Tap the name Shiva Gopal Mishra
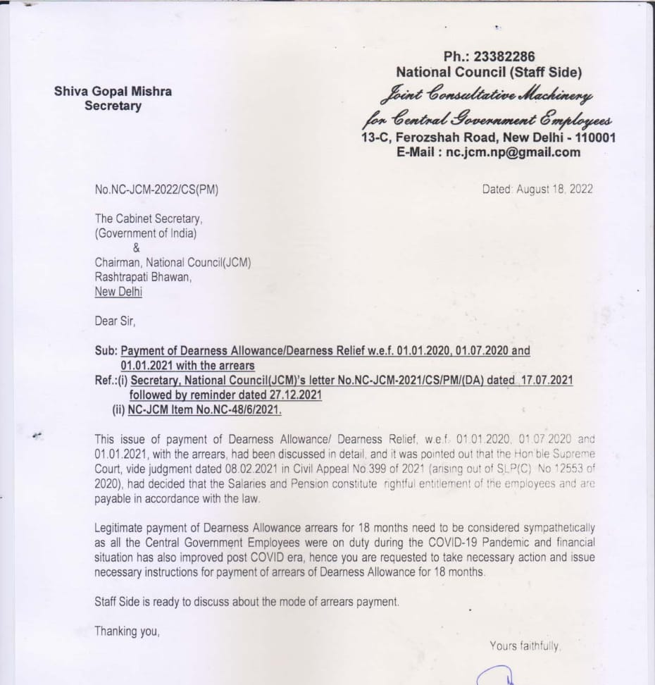[113, 92]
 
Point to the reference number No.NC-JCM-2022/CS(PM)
[151, 189]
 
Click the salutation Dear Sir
[113, 321]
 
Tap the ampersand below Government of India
[137, 247]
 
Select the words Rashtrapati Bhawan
[142, 277]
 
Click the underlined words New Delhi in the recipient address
[118, 292]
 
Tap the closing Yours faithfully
[524, 646]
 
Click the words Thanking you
[127, 631]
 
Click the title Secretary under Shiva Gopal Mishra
[113, 106]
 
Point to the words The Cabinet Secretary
[148, 219]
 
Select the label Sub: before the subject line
[106, 351]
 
